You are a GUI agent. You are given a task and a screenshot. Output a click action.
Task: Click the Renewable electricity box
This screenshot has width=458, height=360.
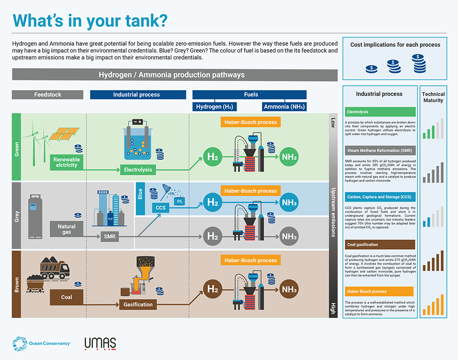(x=67, y=162)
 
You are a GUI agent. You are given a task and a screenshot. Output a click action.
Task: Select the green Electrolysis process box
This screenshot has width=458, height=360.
(x=138, y=170)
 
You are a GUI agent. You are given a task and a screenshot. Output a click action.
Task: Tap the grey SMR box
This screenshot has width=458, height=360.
(x=110, y=237)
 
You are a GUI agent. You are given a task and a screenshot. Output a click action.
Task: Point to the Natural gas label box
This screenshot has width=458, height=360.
(x=67, y=229)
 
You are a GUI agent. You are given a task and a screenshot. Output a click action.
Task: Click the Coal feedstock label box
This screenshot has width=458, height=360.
(x=67, y=297)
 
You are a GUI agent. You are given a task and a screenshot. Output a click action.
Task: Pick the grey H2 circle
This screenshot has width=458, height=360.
(x=213, y=236)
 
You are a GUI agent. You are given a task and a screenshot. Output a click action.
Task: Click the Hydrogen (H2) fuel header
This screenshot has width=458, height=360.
(x=214, y=107)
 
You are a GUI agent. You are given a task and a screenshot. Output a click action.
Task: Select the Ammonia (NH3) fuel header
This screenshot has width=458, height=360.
(x=284, y=107)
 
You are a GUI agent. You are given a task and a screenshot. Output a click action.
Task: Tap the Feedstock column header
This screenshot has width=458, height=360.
(x=48, y=95)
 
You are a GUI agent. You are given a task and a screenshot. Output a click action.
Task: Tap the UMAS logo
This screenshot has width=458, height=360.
(x=100, y=344)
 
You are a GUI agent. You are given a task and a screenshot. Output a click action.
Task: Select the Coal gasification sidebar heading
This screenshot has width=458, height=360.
(x=380, y=245)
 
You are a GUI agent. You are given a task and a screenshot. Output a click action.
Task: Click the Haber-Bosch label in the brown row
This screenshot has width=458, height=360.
(x=251, y=260)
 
